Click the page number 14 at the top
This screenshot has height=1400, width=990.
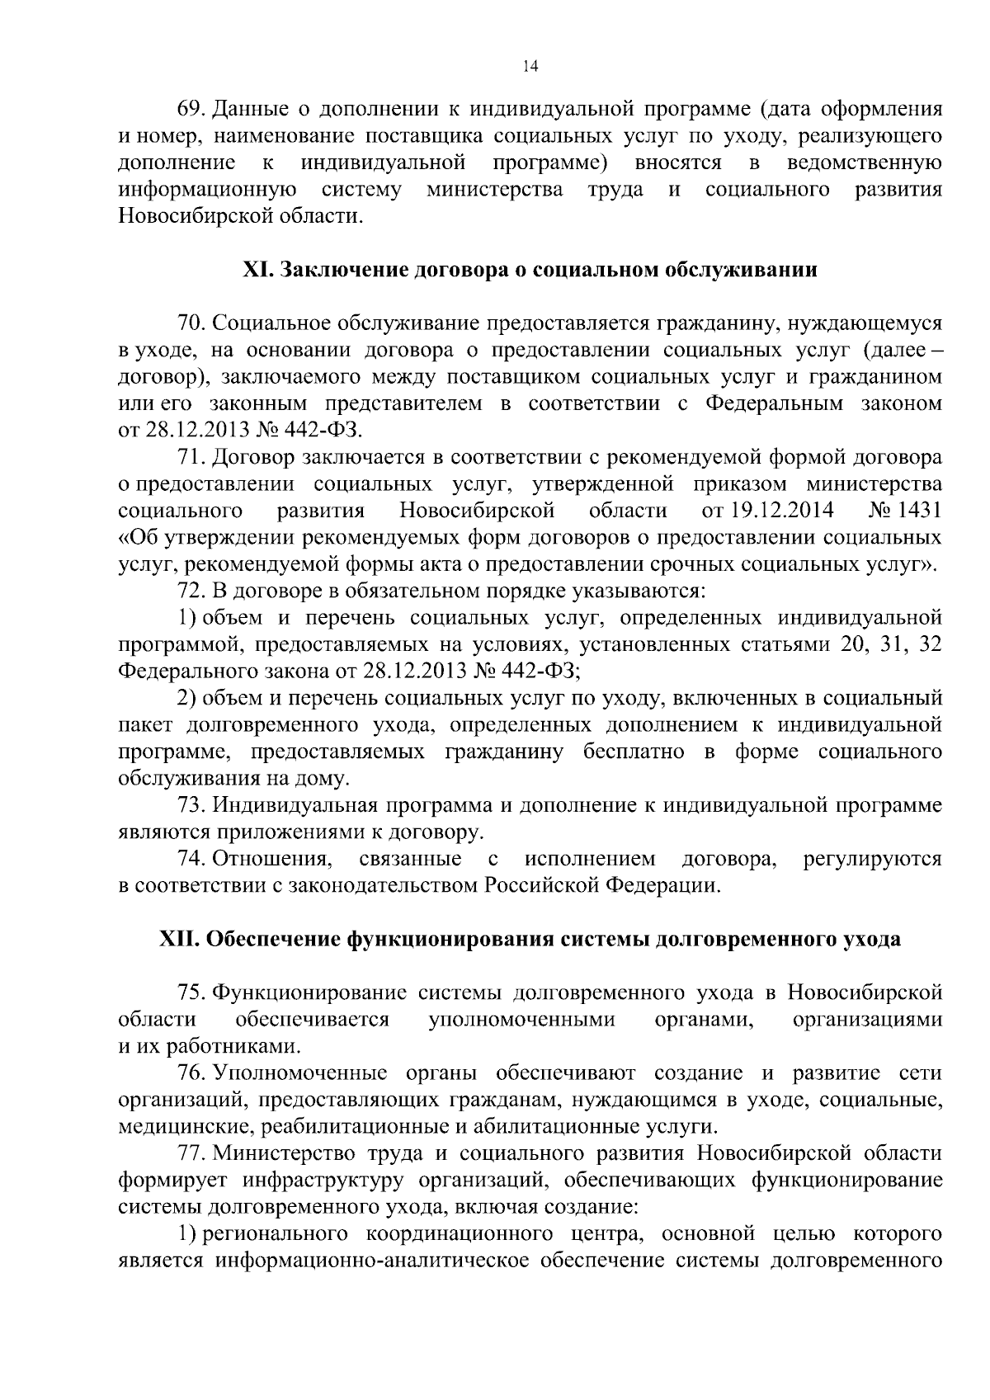[x=530, y=68]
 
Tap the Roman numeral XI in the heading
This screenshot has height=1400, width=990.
[x=258, y=271]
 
